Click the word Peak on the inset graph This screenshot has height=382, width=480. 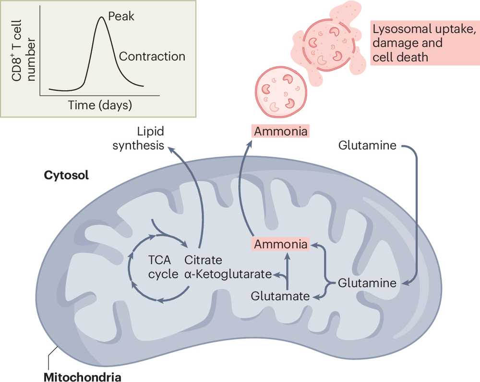pyautogui.click(x=121, y=16)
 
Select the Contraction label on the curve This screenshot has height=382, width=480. pyautogui.click(x=152, y=56)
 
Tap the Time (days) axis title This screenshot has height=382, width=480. pyautogui.click(x=100, y=104)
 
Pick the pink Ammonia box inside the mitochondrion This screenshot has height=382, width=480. pyautogui.click(x=281, y=244)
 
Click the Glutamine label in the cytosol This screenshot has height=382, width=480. pyautogui.click(x=367, y=145)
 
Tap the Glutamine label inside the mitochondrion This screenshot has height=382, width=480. pyautogui.click(x=367, y=283)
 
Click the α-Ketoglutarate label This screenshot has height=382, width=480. pyautogui.click(x=228, y=275)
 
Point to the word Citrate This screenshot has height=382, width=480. pyautogui.click(x=204, y=260)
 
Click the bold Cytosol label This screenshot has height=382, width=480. pyautogui.click(x=66, y=175)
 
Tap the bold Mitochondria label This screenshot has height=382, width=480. pyautogui.click(x=83, y=376)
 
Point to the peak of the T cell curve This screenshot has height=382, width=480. pyautogui.click(x=101, y=18)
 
